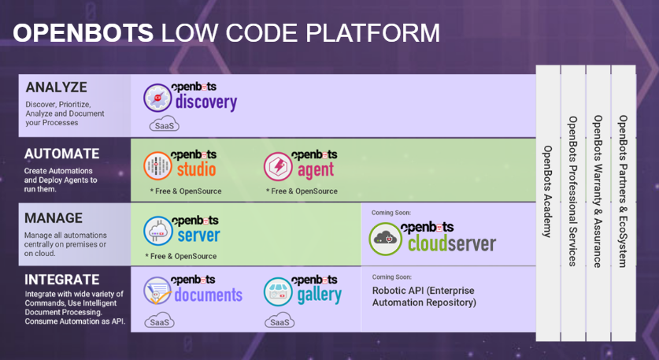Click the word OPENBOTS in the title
(83, 33)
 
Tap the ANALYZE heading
(57, 87)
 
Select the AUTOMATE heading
(61, 154)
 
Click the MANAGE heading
(54, 218)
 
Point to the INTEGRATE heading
(61, 280)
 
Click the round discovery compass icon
(157, 98)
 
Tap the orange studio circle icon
(157, 166)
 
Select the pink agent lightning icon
(278, 166)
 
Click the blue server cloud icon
(158, 231)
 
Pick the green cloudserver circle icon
(385, 239)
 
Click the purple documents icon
(157, 291)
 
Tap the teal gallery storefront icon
(278, 291)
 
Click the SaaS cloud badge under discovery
(165, 124)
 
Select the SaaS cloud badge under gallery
(280, 321)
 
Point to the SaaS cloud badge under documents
(159, 321)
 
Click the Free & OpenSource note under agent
(302, 191)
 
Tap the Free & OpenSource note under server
(181, 256)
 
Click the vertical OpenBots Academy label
(547, 191)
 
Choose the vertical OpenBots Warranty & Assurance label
(598, 191)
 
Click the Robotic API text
(424, 296)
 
